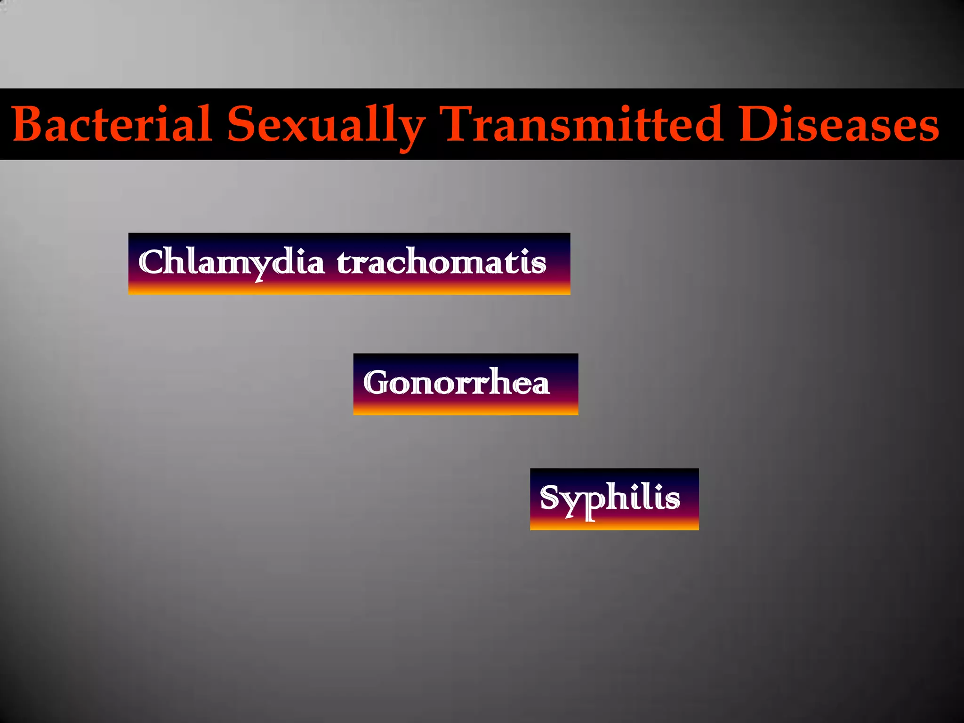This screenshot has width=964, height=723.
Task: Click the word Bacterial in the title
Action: click(x=112, y=124)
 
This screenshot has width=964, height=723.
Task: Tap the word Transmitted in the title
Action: click(x=583, y=124)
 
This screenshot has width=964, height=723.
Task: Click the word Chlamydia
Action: click(x=231, y=263)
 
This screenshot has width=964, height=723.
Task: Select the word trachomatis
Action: click(x=442, y=263)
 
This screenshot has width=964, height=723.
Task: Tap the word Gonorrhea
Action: click(x=456, y=382)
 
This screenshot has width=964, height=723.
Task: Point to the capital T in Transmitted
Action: click(x=459, y=123)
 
